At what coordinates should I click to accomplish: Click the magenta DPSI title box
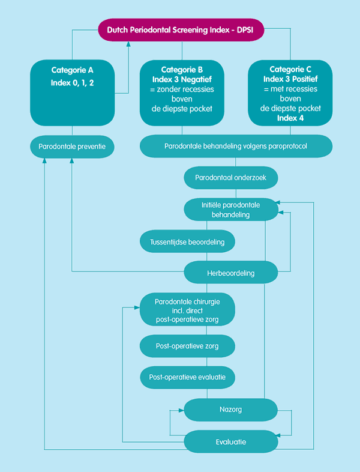click(x=181, y=30)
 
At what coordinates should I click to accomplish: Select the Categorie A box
click(x=72, y=92)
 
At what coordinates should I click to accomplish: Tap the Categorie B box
click(x=182, y=92)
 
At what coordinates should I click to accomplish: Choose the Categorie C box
click(x=290, y=92)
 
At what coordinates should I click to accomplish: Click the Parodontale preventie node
click(x=72, y=147)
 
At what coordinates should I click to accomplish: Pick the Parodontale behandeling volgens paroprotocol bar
click(x=236, y=147)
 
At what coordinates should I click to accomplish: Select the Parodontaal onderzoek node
click(x=230, y=178)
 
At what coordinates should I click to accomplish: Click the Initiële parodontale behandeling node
click(x=230, y=210)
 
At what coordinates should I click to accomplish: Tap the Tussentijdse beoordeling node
click(x=187, y=242)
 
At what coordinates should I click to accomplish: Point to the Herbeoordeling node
click(x=230, y=273)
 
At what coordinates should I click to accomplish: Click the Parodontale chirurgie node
click(x=187, y=310)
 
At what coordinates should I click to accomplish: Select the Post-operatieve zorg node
click(x=187, y=346)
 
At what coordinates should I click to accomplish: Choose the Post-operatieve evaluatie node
click(x=187, y=377)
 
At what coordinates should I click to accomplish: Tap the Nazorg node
click(x=230, y=410)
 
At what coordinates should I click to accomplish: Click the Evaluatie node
click(x=230, y=441)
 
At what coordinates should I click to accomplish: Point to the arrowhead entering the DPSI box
click(x=128, y=44)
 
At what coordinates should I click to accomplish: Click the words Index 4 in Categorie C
click(x=290, y=118)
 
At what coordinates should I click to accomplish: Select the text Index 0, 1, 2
click(x=72, y=83)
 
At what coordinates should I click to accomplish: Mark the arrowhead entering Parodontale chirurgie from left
click(x=137, y=307)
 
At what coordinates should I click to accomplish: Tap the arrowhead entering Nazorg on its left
click(x=181, y=410)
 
